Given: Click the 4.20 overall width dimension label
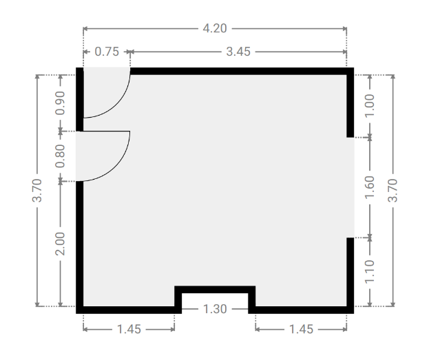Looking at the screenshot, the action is coord(215,28).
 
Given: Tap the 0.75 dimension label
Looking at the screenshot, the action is coord(107,52).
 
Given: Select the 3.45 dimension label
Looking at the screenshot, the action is coord(238,52).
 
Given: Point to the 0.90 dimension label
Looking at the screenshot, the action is coord(60,103).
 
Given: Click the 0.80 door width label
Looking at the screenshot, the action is coord(60,156).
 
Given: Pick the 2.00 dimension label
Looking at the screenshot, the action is coord(60,244).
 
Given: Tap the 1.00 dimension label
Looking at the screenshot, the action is coord(370,105).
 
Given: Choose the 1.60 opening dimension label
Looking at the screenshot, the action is coord(370,187).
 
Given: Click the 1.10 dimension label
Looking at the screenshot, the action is coord(370,271).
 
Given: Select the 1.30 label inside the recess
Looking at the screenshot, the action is coord(215,309).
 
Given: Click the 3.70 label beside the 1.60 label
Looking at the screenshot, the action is coord(393,190).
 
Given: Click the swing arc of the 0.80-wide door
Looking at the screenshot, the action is coord(116,168).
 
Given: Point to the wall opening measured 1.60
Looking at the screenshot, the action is coord(350,187).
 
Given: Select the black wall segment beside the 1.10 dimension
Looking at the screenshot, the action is coord(350,275).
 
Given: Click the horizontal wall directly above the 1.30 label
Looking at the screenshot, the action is coord(215,290).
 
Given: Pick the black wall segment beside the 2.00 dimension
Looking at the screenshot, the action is coord(80,247).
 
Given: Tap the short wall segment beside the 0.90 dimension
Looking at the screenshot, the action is coord(80,99).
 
